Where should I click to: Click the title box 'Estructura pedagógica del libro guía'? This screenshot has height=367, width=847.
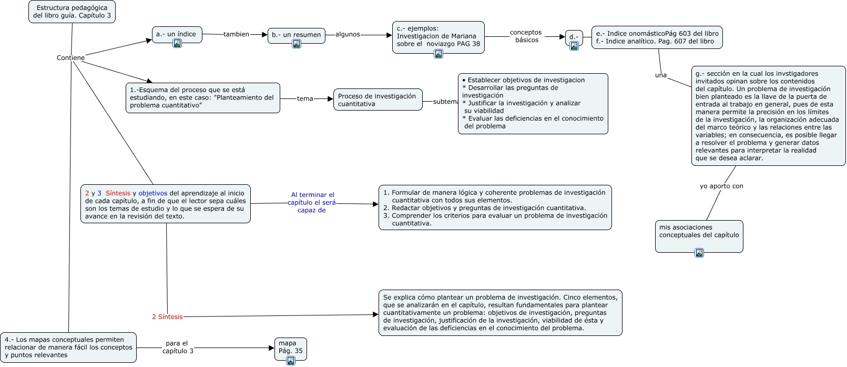(x=72, y=12)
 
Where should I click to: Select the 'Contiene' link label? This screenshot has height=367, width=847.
(x=70, y=58)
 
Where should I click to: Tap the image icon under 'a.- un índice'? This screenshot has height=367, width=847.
(x=177, y=43)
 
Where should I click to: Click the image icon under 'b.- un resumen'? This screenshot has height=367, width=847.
(x=297, y=44)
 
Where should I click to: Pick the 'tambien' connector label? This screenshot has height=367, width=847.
(x=236, y=34)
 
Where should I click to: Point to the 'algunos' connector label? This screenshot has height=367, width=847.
(x=348, y=34)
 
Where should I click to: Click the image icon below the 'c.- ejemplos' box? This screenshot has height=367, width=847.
(x=438, y=54)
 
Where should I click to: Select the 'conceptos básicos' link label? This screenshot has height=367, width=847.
(x=526, y=36)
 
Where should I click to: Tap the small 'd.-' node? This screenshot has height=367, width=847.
(x=574, y=37)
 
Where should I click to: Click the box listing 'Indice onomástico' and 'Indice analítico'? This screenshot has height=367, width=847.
(x=657, y=37)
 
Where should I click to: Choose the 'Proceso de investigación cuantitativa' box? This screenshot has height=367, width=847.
(x=377, y=100)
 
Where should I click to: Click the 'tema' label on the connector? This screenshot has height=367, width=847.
(x=305, y=98)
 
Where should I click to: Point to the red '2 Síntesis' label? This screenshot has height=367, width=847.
(x=167, y=317)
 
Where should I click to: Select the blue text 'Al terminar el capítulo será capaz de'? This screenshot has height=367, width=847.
(x=312, y=203)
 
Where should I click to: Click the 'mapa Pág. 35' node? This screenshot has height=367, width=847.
(x=290, y=347)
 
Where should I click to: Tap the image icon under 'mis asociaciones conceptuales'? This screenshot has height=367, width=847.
(x=699, y=253)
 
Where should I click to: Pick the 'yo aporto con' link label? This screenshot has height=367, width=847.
(x=721, y=186)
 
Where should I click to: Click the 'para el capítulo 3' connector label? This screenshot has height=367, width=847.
(x=177, y=348)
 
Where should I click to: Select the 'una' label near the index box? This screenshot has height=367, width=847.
(x=661, y=75)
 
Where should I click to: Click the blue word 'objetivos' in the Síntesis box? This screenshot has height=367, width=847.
(x=153, y=193)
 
